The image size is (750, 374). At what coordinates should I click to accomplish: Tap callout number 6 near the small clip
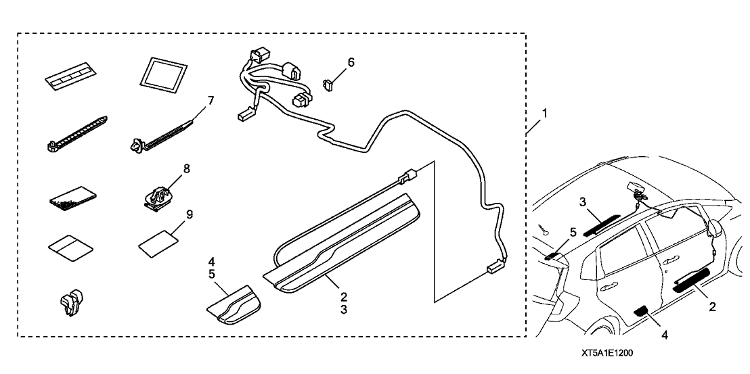click(351, 63)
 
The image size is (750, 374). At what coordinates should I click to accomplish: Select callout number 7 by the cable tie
click(211, 101)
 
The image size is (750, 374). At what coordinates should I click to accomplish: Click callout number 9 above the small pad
click(190, 214)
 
